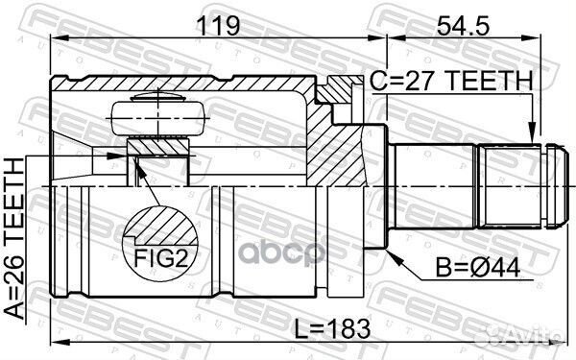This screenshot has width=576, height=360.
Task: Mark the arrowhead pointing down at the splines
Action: click(529, 135)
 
